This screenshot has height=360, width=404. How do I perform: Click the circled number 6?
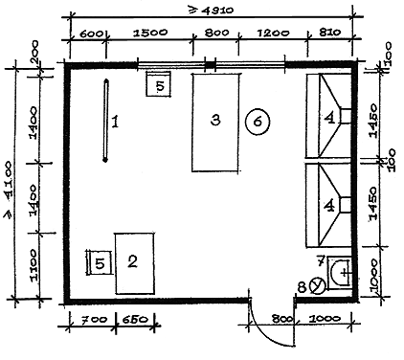258,122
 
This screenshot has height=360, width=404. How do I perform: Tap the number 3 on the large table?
215,121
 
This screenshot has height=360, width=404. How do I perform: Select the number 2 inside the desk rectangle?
132,261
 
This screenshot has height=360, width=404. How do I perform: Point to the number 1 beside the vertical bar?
115,122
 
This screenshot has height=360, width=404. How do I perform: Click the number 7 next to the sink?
321,260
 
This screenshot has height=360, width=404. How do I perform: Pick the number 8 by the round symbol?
303,286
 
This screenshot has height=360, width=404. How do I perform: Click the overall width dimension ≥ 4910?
212,11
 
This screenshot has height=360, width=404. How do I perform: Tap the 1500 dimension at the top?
150,33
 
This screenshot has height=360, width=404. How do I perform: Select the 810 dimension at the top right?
329,32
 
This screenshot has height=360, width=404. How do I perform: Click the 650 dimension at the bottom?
134,320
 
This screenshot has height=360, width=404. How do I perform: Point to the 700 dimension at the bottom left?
94,320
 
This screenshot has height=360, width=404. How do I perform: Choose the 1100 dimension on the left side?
34,265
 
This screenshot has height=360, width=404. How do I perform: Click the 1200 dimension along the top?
273,33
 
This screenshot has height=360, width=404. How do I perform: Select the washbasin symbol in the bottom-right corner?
339,273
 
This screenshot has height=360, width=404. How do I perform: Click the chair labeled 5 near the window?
158,84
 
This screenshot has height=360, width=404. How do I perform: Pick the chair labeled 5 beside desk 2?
100,262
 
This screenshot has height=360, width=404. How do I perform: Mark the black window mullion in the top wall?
210,65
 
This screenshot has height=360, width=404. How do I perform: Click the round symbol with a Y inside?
318,284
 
